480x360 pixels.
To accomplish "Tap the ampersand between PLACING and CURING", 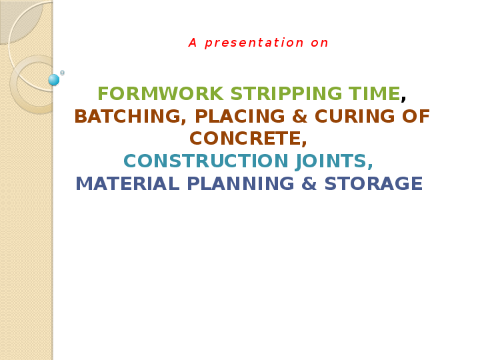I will pos(300,117).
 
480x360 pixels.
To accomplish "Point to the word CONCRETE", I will pos(246,139).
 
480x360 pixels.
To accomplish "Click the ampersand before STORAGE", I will pos(309,184).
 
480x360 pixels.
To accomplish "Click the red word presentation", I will pos(254,43).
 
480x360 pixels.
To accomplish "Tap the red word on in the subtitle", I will pos(319,43).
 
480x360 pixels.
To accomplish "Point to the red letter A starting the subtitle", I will pos(193,43).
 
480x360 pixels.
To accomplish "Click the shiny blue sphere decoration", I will pos(54,80).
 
